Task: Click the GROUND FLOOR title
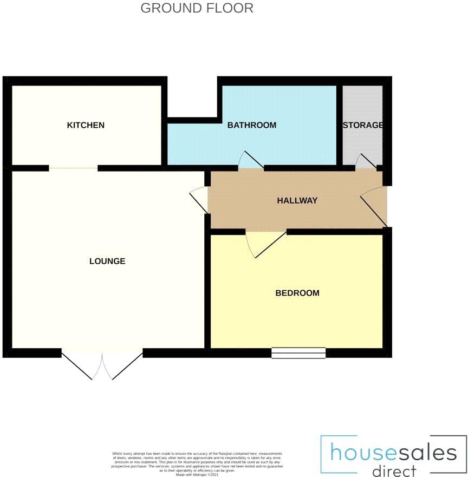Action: pos(197,8)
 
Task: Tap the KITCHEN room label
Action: pos(86,125)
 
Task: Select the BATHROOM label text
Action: pos(251,125)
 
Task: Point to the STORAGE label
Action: pos(363,125)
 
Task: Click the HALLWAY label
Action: pos(297,200)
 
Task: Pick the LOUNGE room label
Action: pos(107,261)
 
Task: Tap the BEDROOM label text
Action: pos(297,293)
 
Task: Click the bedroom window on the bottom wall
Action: pos(298,353)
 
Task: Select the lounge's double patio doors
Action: pos(102,365)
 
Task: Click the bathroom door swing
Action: pos(250,161)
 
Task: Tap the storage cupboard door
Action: pos(365,161)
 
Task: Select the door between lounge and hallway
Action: pos(199,199)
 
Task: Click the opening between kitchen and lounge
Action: pos(73,168)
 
